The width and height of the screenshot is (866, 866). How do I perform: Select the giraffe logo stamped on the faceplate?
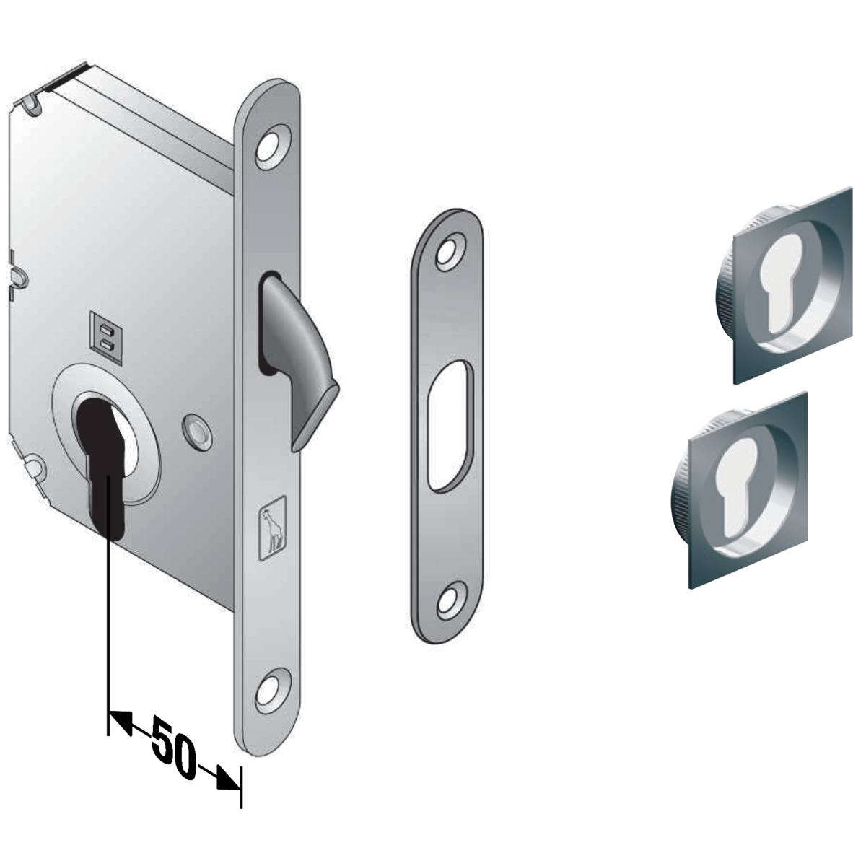coord(273,528)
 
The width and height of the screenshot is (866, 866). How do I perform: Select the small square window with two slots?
coord(106,337)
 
